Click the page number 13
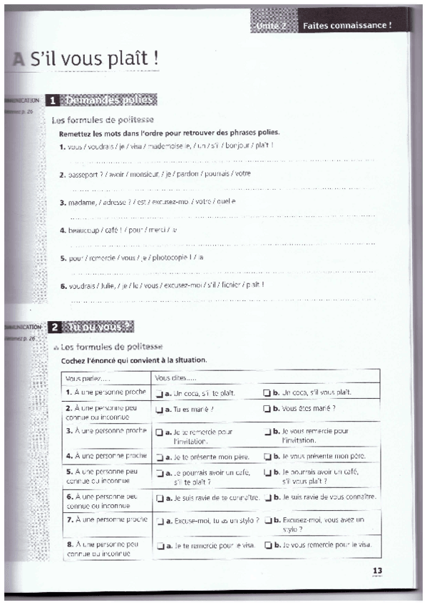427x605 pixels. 377,569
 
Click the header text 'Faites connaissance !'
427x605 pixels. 347,26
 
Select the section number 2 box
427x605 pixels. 53,327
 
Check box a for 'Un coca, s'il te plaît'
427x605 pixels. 158,393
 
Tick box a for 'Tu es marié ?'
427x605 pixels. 158,410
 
